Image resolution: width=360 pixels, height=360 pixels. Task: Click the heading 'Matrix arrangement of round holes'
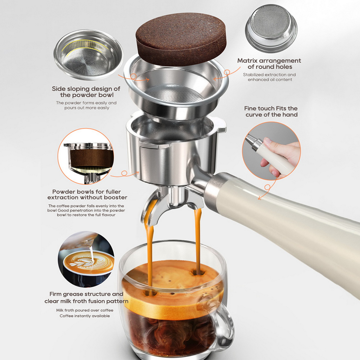(x=269, y=64)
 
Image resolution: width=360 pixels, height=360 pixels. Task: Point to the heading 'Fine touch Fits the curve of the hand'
(x=271, y=112)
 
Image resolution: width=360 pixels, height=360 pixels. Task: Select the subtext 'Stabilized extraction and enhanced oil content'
(x=269, y=77)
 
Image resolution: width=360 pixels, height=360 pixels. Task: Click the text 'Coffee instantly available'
(x=85, y=316)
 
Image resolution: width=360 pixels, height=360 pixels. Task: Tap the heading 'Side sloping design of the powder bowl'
(x=86, y=92)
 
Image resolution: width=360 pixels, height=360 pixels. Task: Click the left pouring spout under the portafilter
(x=149, y=209)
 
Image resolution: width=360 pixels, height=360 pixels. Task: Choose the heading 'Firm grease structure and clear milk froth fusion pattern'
(x=86, y=297)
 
